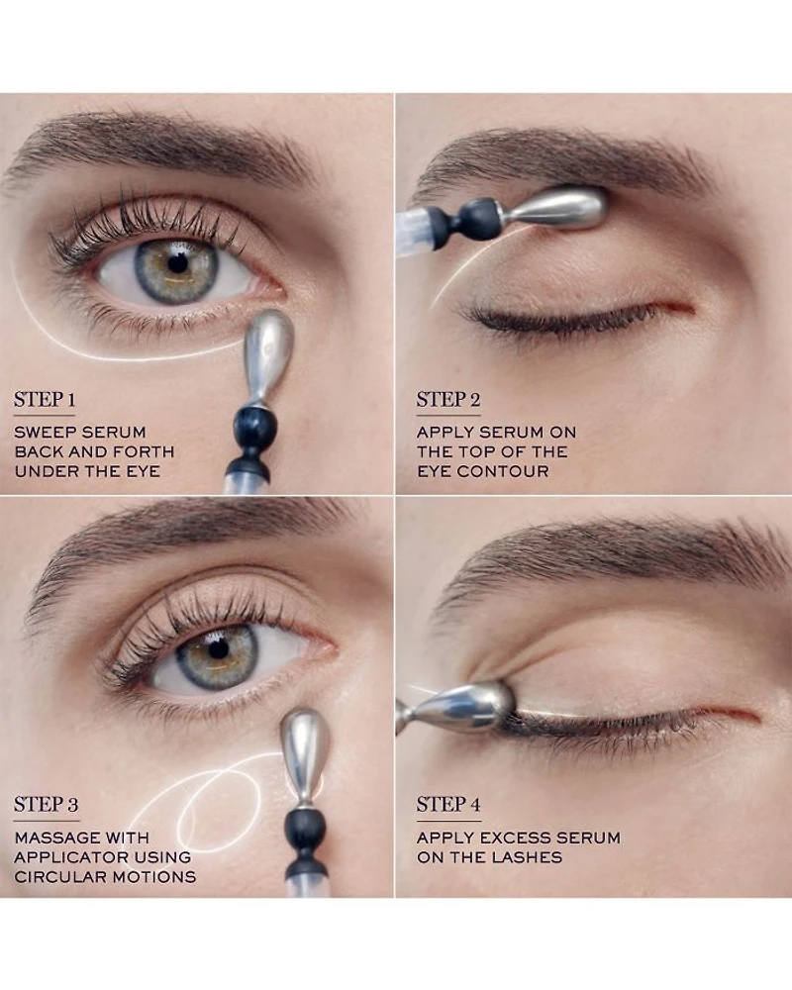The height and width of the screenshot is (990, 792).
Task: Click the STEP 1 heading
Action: [x=45, y=400]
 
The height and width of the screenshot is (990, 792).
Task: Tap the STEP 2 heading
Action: [x=447, y=400]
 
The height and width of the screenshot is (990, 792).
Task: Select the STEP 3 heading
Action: [x=47, y=804]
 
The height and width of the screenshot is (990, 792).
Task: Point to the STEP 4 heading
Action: [x=448, y=804]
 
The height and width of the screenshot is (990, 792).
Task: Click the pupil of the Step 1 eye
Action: [x=179, y=264]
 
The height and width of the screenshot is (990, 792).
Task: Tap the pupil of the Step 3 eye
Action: [x=218, y=648]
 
